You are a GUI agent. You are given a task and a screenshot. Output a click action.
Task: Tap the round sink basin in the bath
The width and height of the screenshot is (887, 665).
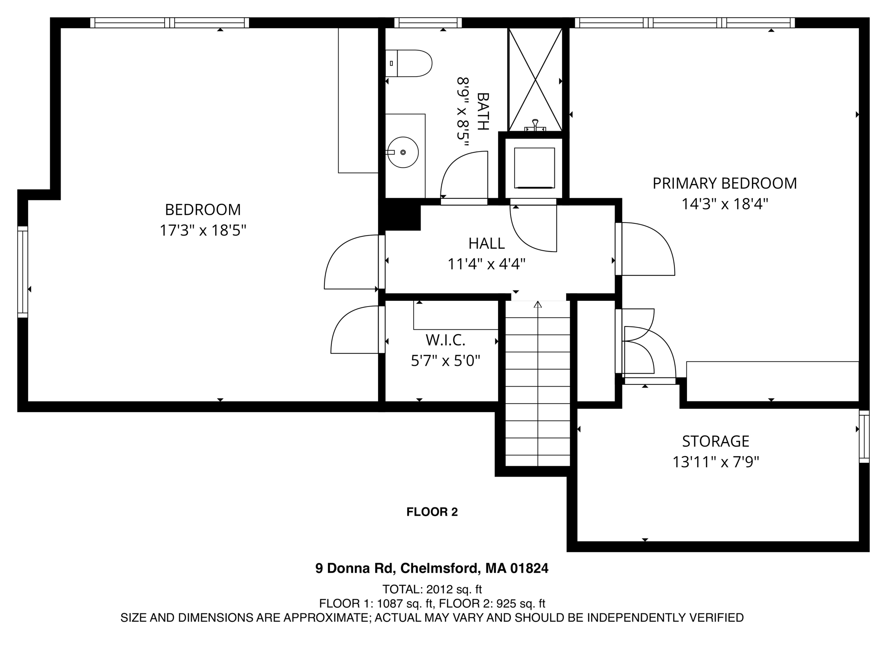[x=403, y=152]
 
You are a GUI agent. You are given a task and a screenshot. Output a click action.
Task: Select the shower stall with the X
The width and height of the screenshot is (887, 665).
[x=535, y=80]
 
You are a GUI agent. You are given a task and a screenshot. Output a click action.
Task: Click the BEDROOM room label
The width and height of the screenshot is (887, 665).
[x=203, y=210]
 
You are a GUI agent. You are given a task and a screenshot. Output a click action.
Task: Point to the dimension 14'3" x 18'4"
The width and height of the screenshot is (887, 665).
[x=725, y=204]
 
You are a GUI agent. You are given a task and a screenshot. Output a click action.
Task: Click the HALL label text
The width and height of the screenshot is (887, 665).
[x=486, y=244]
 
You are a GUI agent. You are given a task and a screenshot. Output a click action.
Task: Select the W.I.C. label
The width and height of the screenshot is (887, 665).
[x=445, y=340]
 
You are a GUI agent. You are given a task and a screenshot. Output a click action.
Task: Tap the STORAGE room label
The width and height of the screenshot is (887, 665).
[x=715, y=441]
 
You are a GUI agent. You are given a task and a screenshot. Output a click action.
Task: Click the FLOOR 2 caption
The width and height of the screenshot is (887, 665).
[x=432, y=512]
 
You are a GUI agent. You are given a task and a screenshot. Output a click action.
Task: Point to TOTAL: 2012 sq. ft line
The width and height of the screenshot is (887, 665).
[x=432, y=589]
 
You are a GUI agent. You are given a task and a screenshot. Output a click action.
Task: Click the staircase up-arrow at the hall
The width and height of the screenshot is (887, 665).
[x=538, y=305]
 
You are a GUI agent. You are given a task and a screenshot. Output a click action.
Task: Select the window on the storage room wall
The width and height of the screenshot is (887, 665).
[x=864, y=436]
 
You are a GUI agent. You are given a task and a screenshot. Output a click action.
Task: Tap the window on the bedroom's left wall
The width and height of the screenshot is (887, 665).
[x=23, y=272]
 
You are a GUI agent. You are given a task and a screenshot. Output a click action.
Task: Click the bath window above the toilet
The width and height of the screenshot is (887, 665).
[x=428, y=23]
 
